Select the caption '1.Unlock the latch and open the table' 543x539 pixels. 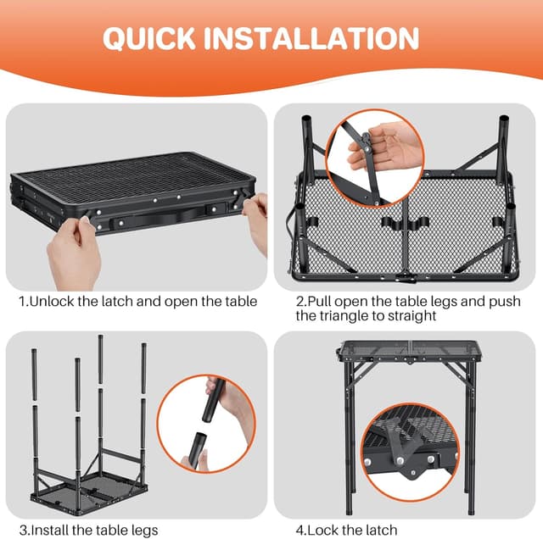pos(137,301)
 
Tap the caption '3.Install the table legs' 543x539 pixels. pos(88,530)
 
